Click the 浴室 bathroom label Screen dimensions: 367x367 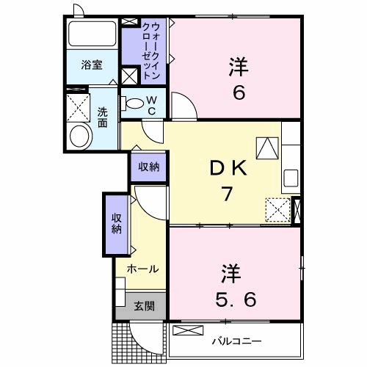pos(91,65)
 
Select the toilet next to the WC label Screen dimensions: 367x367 pos(133,104)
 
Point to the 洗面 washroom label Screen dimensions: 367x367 pos(103,118)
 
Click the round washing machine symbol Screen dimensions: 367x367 pos(79,137)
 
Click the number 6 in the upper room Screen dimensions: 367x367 pos(239,93)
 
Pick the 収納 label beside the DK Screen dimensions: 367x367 pos(149,167)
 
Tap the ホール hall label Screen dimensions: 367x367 pos(142,269)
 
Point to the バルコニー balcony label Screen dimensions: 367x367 pos(236,341)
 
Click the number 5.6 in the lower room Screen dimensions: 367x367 pos(236,300)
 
